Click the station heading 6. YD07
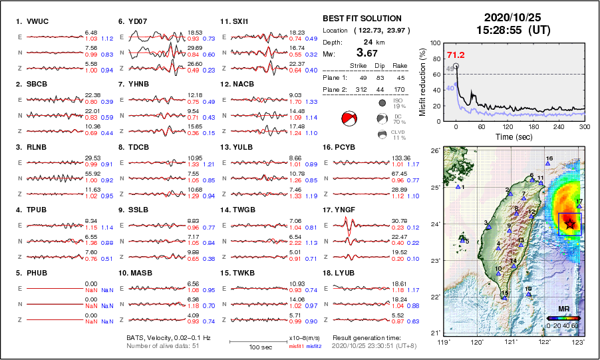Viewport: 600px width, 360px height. point(133,21)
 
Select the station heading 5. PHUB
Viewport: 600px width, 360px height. point(32,273)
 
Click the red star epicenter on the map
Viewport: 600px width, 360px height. point(569,224)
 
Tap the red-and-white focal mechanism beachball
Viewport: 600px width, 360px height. point(349,119)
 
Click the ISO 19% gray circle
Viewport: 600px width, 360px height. point(382,103)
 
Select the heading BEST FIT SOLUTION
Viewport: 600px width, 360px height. point(362,19)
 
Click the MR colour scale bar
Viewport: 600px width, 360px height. point(561,318)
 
